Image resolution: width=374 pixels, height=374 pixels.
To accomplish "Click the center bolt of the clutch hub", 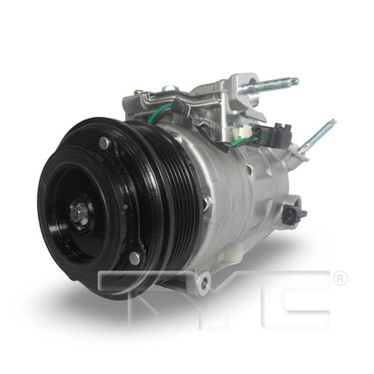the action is pyautogui.click(x=79, y=214).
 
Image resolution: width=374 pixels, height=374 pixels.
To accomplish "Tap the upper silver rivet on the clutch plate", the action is pyautogui.click(x=104, y=143).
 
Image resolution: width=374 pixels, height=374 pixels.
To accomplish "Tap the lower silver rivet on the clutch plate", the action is pyautogui.click(x=135, y=258).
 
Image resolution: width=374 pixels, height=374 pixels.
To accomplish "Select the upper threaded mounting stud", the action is pyautogui.click(x=270, y=86).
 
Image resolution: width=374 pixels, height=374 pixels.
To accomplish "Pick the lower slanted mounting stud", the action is pyautogui.click(x=317, y=137).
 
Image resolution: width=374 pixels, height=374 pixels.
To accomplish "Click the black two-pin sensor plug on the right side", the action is pyautogui.click(x=292, y=214).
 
